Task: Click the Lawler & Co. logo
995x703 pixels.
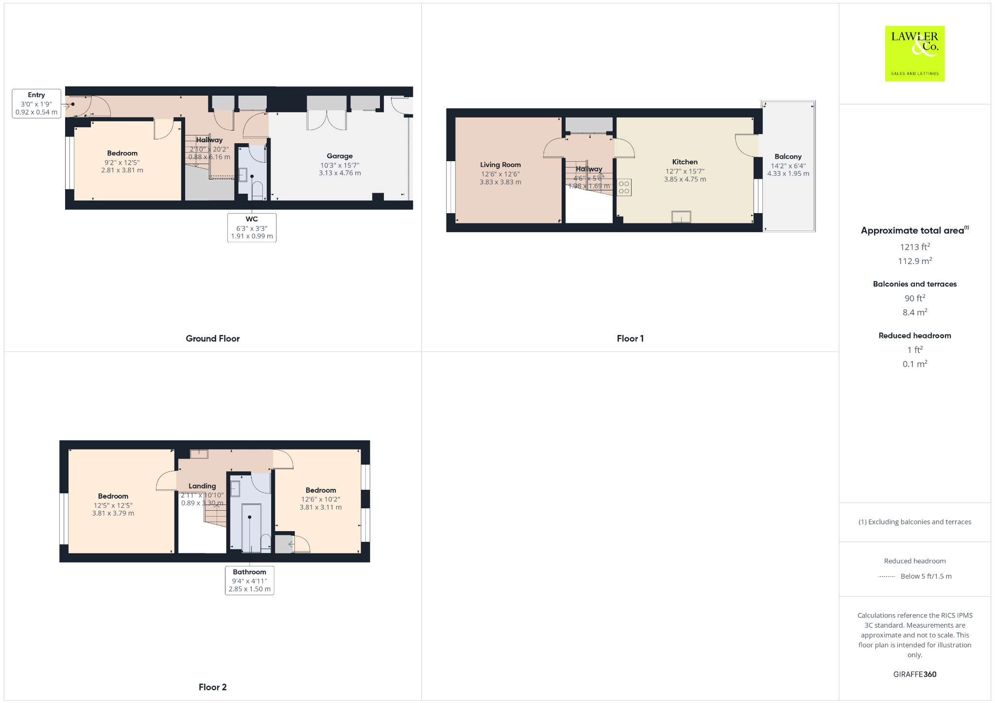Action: click(x=914, y=53)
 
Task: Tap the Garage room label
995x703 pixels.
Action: click(x=340, y=156)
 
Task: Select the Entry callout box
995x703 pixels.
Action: click(x=36, y=103)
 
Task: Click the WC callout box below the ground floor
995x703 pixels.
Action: click(x=252, y=227)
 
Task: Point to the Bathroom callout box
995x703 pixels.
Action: click(x=249, y=580)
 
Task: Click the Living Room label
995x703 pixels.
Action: click(x=500, y=165)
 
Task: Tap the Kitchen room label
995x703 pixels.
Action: click(x=685, y=162)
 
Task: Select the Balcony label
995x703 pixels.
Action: click(x=788, y=156)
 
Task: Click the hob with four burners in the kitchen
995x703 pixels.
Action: click(x=624, y=187)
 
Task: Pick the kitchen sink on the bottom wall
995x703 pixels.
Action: click(x=681, y=217)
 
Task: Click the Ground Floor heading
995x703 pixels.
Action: click(x=212, y=338)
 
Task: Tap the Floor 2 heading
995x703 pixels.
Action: click(x=212, y=687)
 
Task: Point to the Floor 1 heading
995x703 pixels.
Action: click(x=630, y=338)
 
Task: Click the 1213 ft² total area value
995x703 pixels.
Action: click(x=914, y=247)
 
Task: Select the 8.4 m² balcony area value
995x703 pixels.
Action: click(x=914, y=312)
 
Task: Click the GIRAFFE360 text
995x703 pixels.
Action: click(x=914, y=674)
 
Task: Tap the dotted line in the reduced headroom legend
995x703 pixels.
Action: click(x=887, y=577)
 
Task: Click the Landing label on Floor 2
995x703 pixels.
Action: click(x=202, y=486)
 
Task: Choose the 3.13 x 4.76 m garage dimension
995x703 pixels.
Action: click(x=340, y=173)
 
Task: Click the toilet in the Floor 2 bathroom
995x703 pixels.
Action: click(x=266, y=542)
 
